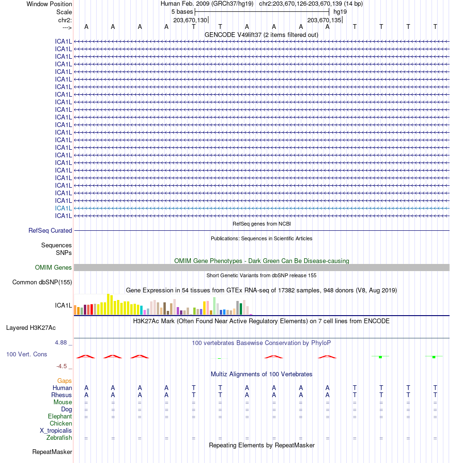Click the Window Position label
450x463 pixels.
coord(49,4)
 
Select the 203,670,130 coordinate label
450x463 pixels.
coord(190,20)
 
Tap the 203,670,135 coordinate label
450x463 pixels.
coord(324,20)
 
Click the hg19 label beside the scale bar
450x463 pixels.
coord(340,12)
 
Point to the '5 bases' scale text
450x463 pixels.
coord(182,12)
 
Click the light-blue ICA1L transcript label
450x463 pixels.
coord(63,208)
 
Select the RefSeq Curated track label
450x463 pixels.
coord(50,231)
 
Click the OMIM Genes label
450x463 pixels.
coord(54,268)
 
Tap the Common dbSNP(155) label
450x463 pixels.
coord(42,282)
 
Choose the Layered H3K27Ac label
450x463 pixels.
coord(31,327)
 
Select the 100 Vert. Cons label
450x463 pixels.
coord(27,354)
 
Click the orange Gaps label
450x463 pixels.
coord(64,381)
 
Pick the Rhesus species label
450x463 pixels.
coord(62,395)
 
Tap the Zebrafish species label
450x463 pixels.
coord(59,437)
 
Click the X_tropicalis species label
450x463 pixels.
coord(56,430)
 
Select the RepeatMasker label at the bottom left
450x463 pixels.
coord(52,452)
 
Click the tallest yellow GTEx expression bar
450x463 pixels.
coord(108,304)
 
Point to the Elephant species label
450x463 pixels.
coord(60,416)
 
